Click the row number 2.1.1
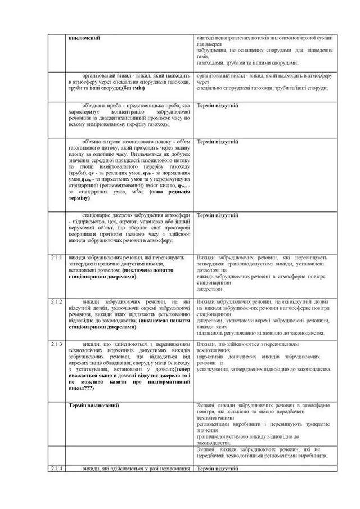click(55, 258)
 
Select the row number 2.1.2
click(55, 302)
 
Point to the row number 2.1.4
click(55, 468)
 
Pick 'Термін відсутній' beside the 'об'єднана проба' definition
click(218, 105)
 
